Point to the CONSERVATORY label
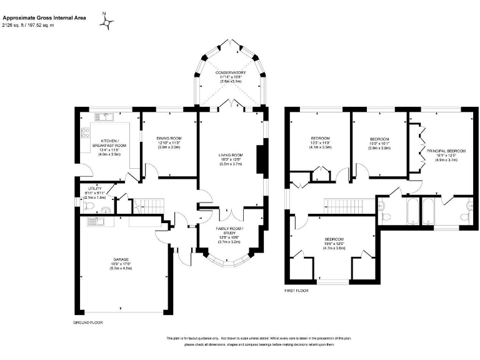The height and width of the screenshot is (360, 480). (231, 73)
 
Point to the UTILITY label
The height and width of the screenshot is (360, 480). (95, 187)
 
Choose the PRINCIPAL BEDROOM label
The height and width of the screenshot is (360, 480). (442, 151)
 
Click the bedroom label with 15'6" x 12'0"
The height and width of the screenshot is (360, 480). (334, 239)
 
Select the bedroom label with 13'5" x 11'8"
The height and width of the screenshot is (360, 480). (320, 138)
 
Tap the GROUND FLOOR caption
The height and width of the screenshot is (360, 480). (87, 322)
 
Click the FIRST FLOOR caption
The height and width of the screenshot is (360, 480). (297, 291)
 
